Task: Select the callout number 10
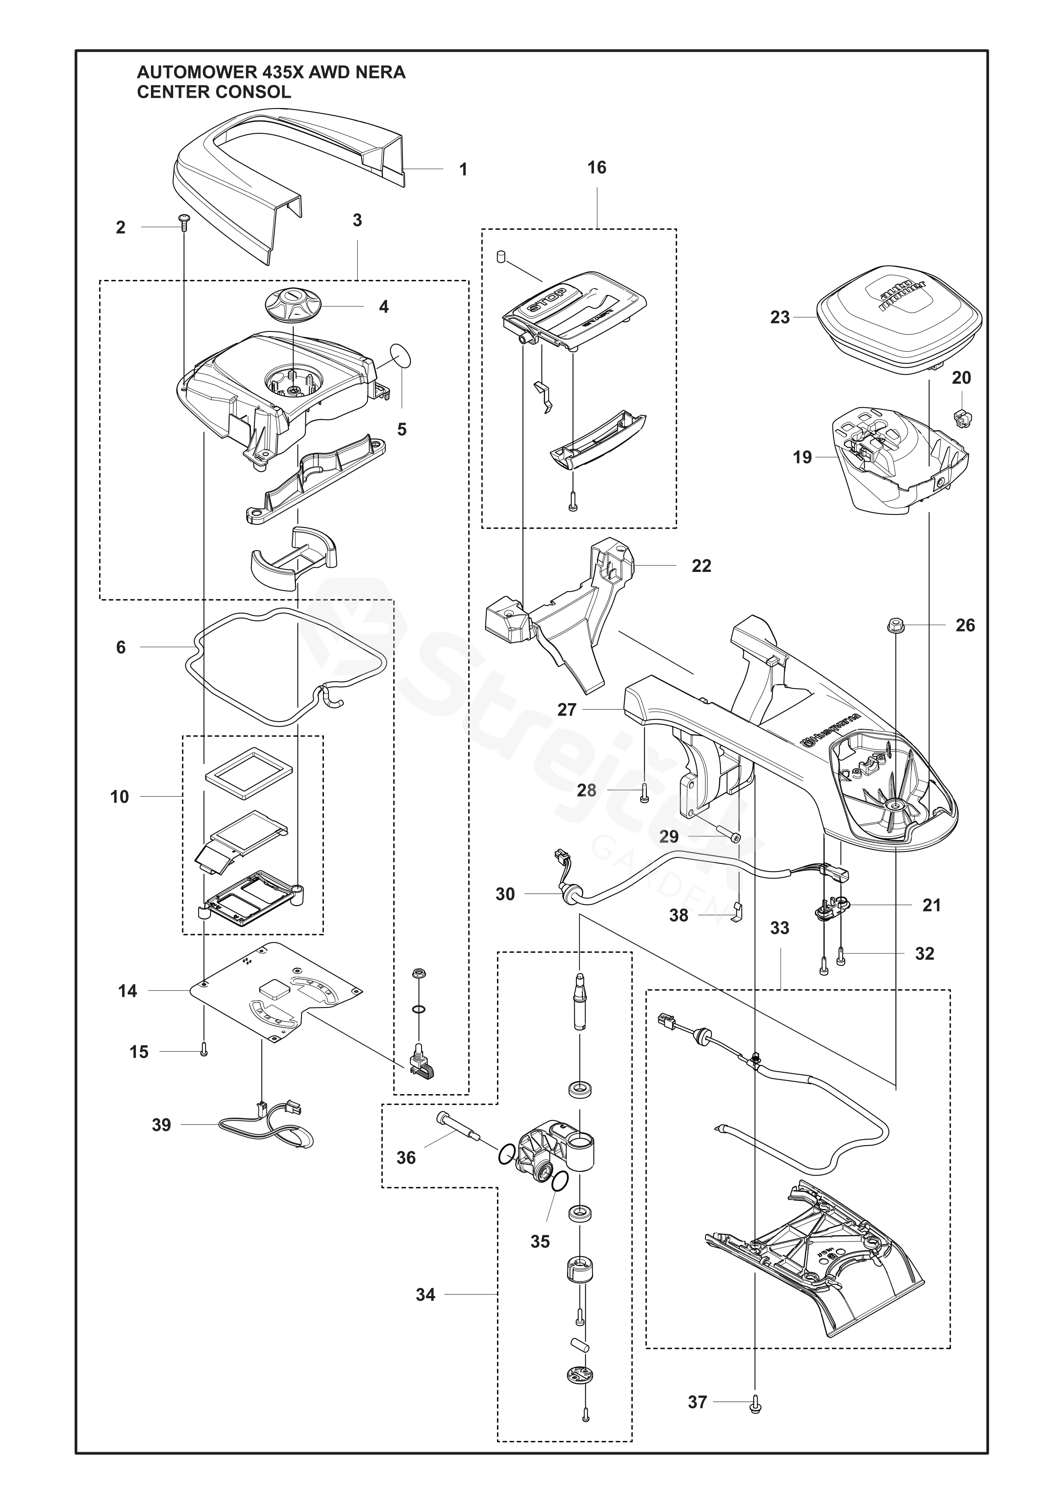pos(119,797)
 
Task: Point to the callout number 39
pos(161,1125)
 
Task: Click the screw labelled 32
pos(842,957)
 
